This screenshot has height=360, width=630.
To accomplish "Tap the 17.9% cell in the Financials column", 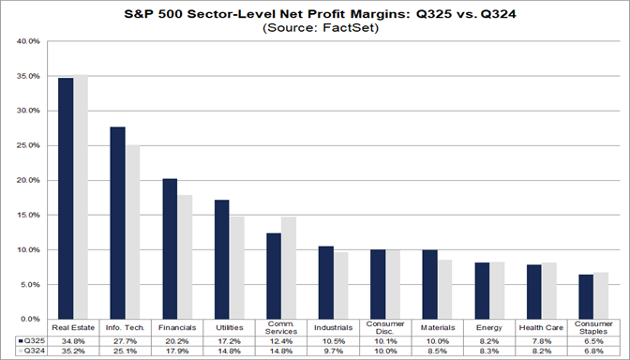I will [x=177, y=352].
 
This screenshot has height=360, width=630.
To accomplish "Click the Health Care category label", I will [x=541, y=327].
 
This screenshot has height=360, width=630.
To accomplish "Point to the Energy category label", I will [x=489, y=327].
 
